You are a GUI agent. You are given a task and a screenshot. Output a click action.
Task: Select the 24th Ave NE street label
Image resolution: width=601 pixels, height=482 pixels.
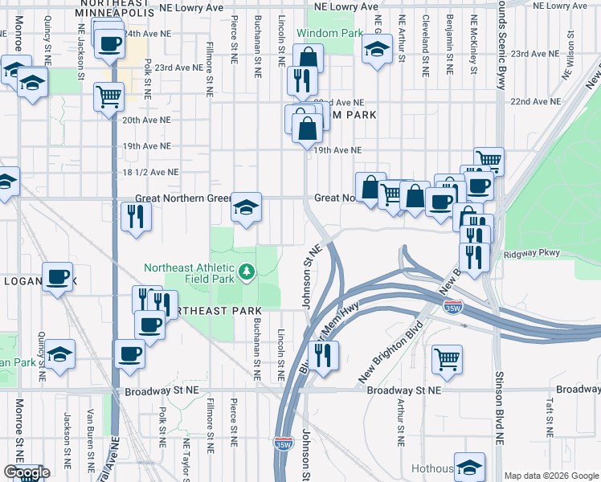[x=146, y=35]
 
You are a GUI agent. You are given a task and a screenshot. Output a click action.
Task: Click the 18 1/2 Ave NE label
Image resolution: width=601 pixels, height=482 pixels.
[x=150, y=172]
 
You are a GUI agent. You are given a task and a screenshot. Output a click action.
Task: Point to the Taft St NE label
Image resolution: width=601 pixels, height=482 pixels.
[x=551, y=418]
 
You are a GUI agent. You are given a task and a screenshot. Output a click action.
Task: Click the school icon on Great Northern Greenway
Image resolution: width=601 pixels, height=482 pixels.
[x=246, y=207]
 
